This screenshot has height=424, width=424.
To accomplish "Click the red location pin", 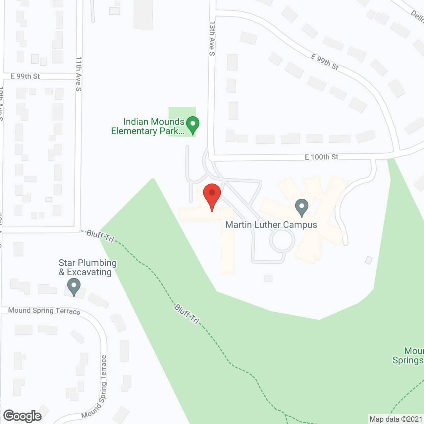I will [212, 195].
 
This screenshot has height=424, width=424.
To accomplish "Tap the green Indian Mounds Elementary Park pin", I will [192, 125].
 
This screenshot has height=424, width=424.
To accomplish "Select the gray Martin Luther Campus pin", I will [301, 207].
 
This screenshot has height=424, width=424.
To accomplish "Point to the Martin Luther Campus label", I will [271, 225].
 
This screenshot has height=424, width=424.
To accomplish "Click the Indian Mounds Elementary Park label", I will [148, 127].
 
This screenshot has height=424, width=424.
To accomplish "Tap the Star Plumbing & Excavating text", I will [87, 268].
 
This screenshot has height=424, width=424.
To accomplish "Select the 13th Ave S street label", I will [212, 39].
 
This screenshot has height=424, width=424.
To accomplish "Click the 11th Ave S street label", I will [79, 74].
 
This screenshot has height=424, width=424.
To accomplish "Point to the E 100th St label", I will [321, 157].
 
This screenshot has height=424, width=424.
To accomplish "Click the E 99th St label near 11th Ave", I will [25, 77].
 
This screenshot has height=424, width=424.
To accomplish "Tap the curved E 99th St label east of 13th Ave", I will [325, 62].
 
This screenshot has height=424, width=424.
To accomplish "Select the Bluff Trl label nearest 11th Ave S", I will [100, 236].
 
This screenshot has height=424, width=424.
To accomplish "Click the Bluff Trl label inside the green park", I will [187, 314].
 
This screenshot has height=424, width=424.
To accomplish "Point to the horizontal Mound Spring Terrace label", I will [44, 311].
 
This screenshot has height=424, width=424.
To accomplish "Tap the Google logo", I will [23, 416].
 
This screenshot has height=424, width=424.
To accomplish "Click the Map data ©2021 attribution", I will [396, 419].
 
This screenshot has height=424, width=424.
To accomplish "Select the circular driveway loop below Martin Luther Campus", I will [282, 240].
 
